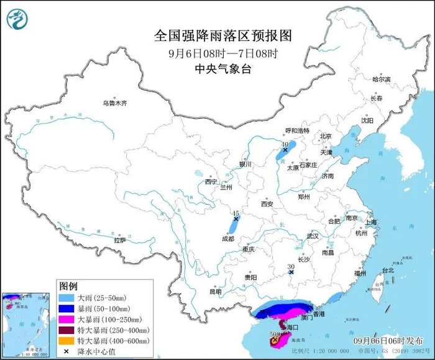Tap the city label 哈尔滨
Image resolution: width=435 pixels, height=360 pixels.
(381, 80)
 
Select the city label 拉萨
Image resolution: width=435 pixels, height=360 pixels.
(119, 239)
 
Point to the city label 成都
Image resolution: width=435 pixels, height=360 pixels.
(228, 238)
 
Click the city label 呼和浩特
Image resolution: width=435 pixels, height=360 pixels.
(296, 130)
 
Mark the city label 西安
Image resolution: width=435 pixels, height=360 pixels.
(267, 204)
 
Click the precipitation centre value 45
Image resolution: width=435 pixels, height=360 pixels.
(236, 213)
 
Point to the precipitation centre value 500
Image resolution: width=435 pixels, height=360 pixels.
(274, 334)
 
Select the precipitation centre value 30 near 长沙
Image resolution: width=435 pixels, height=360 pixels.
(290, 267)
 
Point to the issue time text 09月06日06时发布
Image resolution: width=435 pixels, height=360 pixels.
(378, 341)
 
